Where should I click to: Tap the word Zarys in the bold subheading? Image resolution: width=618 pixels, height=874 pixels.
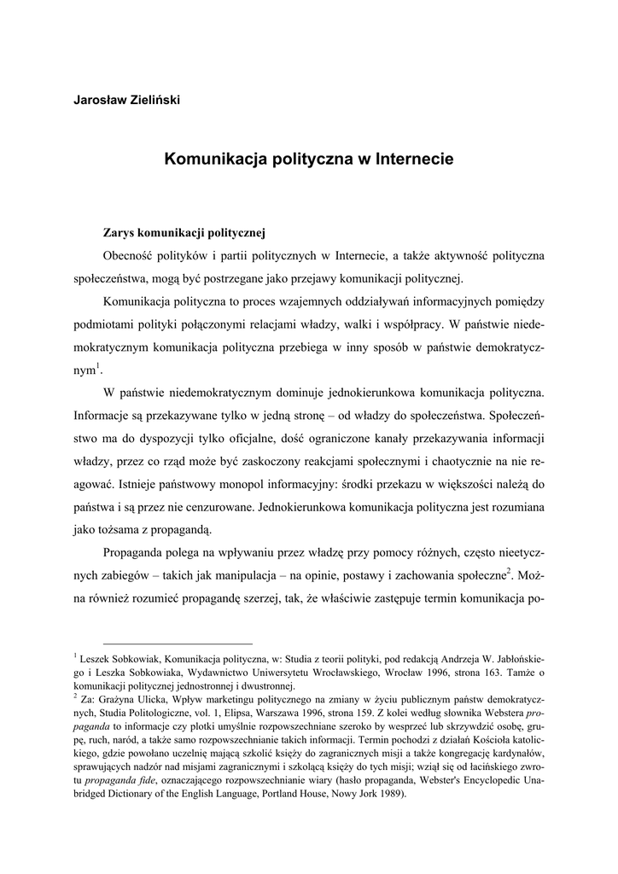[120, 231]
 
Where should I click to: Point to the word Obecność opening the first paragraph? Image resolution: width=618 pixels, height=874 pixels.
[134, 254]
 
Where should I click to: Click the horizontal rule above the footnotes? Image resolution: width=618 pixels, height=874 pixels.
[178, 644]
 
